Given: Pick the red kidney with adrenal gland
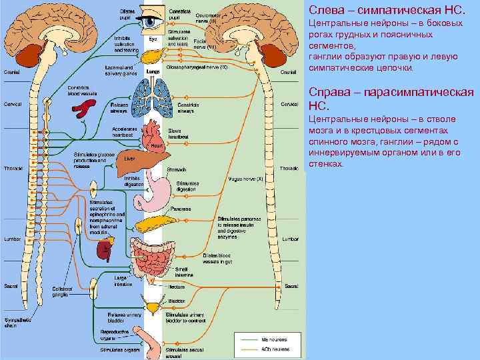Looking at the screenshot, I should click(104, 248).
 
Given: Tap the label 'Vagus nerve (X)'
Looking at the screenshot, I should click(247, 179).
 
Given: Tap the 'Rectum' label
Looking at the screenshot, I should click(176, 287).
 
